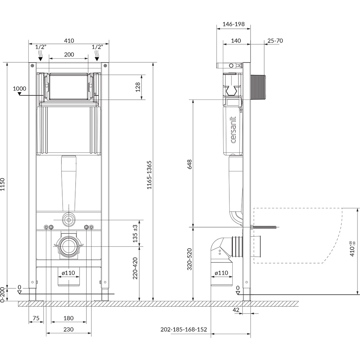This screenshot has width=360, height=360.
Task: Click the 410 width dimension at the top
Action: (x=69, y=41)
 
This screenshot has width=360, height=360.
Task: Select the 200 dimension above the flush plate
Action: (x=69, y=54)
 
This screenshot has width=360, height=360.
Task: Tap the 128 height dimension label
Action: (x=138, y=87)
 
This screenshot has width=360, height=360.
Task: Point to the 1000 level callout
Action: (x=19, y=89)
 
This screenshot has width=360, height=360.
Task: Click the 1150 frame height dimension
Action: (x=3, y=184)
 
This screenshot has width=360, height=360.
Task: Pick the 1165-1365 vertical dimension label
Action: (x=149, y=175)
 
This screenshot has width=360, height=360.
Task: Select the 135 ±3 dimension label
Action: (x=135, y=234)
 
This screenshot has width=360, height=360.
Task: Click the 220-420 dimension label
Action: (x=135, y=268)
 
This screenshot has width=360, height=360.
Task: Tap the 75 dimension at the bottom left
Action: (x=36, y=318)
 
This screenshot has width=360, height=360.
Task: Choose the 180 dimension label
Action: (x=69, y=318)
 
